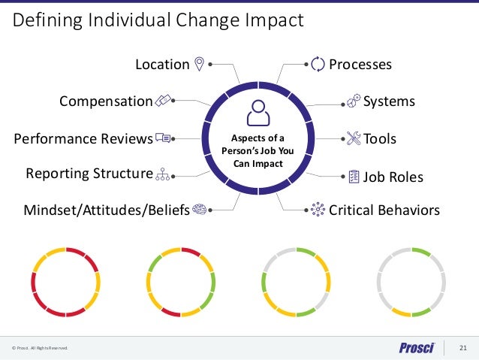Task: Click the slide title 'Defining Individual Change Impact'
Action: [x=158, y=20]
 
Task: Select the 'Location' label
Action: [x=161, y=65]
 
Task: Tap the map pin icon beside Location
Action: [x=199, y=64]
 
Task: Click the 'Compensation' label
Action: [x=105, y=101]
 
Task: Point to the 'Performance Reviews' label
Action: [x=83, y=139]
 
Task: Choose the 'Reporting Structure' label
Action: [x=89, y=174]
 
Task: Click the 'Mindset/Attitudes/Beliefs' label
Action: [x=106, y=210]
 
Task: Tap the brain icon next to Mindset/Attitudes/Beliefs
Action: [x=200, y=210]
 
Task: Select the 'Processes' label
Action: [x=360, y=65]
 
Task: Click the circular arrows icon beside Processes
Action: [x=318, y=65]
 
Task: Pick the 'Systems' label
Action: [x=389, y=101]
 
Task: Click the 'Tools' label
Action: [x=379, y=139]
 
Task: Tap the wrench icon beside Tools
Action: [x=354, y=138]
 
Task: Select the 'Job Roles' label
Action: [x=393, y=178]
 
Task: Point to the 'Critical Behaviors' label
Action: [x=384, y=210]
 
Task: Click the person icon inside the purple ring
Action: [x=258, y=113]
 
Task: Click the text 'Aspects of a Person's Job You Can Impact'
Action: [x=258, y=151]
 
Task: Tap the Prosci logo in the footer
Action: [x=418, y=347]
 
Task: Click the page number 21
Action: [x=462, y=347]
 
